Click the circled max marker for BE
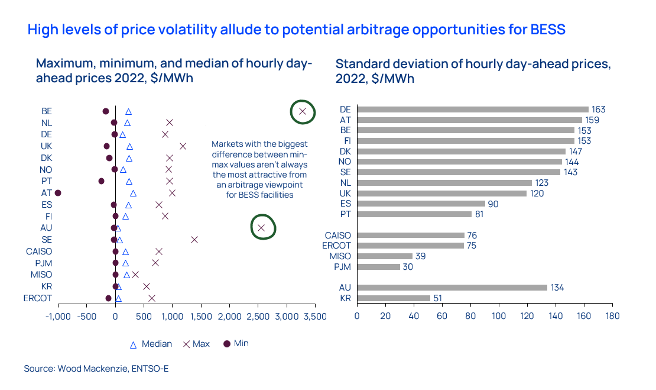click(x=303, y=111)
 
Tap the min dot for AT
click(x=58, y=193)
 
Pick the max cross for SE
click(x=194, y=240)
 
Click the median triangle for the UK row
click(x=129, y=146)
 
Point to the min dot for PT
click(x=101, y=181)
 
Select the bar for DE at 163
click(x=473, y=109)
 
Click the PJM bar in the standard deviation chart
click(x=378, y=267)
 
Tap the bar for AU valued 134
click(x=452, y=288)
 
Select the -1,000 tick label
click(x=58, y=316)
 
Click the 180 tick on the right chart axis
click(x=612, y=316)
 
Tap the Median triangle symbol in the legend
click(x=133, y=344)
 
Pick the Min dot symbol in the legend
click(x=226, y=344)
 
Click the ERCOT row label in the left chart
click(x=38, y=298)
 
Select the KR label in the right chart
click(x=345, y=298)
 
